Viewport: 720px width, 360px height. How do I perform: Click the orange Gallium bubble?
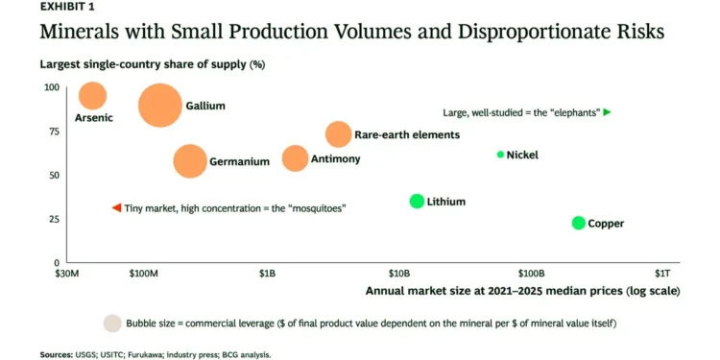click(x=159, y=106)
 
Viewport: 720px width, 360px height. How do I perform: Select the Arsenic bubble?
click(x=93, y=96)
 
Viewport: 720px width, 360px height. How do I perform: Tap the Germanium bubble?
click(x=190, y=161)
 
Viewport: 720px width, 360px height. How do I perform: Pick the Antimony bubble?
click(x=295, y=158)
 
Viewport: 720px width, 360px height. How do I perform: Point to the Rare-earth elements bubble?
click(x=339, y=134)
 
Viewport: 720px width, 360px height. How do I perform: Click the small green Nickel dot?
click(x=500, y=155)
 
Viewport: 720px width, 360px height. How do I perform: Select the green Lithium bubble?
click(x=417, y=202)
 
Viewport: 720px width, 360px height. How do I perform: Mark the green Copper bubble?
click(x=579, y=223)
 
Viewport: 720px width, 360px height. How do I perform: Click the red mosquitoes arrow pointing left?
click(x=116, y=208)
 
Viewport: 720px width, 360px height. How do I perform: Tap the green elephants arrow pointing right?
click(x=607, y=112)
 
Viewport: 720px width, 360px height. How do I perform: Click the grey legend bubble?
click(x=112, y=324)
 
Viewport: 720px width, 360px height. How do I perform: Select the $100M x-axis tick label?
click(x=144, y=275)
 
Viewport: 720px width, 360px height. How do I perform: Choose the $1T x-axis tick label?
click(x=662, y=275)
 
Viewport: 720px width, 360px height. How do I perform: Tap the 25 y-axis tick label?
click(x=55, y=219)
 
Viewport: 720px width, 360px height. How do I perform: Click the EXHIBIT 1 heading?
click(x=68, y=7)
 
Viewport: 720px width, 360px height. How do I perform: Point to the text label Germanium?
click(x=240, y=161)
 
